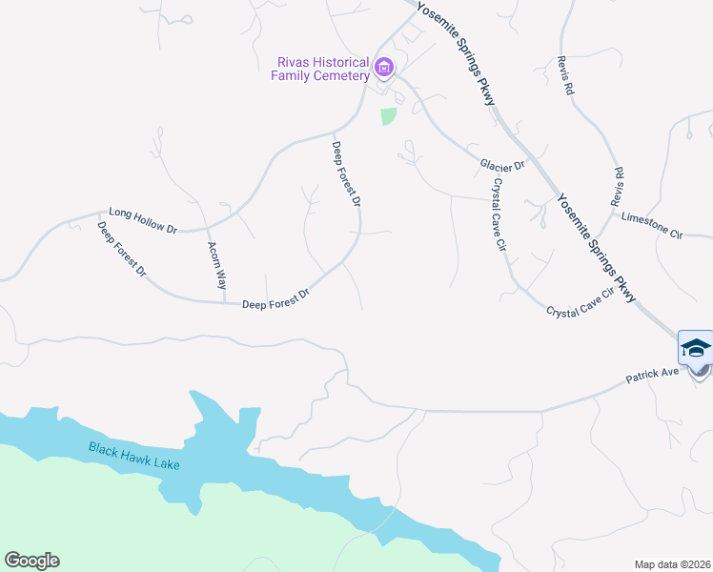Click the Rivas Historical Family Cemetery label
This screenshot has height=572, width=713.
coord(321,69)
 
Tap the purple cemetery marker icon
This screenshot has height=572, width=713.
coord(384,68)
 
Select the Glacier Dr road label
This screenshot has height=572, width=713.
coord(502,166)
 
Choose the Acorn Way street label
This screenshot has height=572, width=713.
coord(217,265)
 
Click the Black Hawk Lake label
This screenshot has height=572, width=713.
coord(134,456)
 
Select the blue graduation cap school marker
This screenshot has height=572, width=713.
coord(696,349)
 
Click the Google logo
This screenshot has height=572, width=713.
coord(31,561)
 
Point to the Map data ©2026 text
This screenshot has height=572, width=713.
coord(672,564)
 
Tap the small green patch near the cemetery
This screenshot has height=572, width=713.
coord(388,116)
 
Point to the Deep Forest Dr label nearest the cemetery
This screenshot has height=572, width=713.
coord(345,174)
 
